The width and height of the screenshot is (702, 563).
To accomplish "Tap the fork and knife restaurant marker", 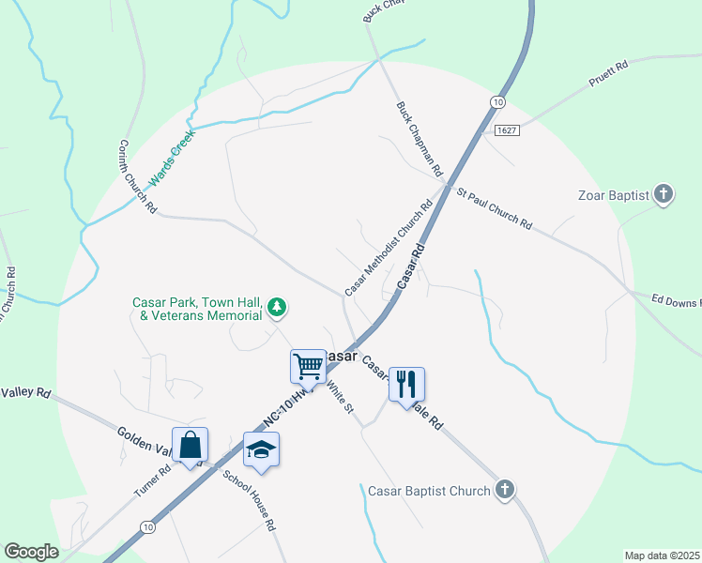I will (x=406, y=383).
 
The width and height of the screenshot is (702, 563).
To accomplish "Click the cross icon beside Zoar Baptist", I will (x=664, y=195).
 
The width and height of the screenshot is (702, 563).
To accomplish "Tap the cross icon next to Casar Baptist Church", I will (x=505, y=490).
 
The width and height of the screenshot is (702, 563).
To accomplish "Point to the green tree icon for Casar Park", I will (x=277, y=307).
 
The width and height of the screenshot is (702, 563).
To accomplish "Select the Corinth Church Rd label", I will (x=137, y=176).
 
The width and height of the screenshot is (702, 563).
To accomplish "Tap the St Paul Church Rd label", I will (x=495, y=208).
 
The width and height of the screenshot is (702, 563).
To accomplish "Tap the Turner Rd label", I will (x=151, y=479).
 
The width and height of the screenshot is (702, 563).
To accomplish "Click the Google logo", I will (x=31, y=552).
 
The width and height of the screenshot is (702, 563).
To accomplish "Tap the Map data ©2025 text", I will (x=661, y=555).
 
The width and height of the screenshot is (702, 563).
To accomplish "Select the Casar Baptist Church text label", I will (x=428, y=491).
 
